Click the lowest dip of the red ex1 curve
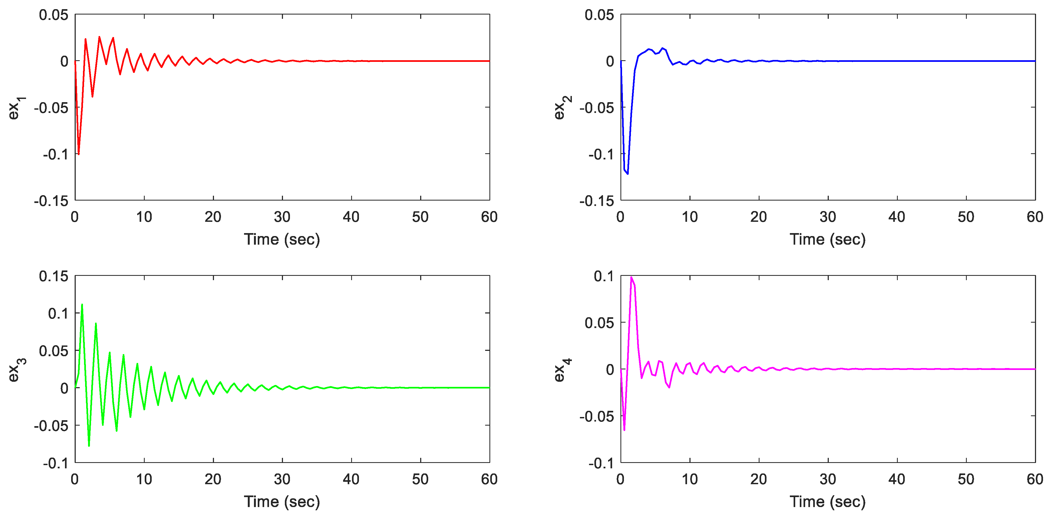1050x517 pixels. click(x=78, y=154)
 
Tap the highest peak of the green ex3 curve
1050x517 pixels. click(x=82, y=304)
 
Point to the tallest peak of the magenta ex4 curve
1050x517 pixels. click(x=631, y=277)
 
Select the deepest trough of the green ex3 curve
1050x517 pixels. click(x=89, y=445)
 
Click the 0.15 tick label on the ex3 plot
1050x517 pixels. click(x=53, y=276)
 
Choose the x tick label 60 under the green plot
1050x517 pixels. click(x=489, y=479)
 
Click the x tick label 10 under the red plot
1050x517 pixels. click(x=144, y=217)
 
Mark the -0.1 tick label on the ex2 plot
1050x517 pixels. click(x=601, y=154)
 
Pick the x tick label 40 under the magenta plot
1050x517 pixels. click(x=897, y=479)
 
